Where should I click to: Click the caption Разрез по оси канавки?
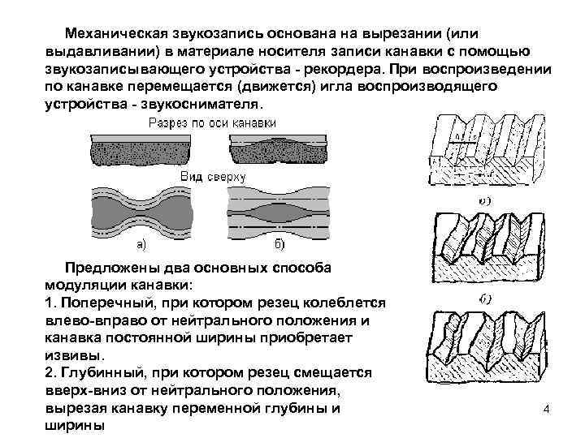211,123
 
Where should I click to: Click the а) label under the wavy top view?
141,243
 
